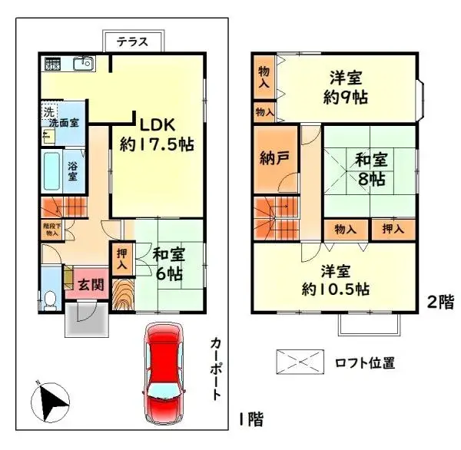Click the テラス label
[x=132, y=42]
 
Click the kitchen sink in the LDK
[x=83, y=65]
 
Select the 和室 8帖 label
[x=370, y=170]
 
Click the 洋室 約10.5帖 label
[x=336, y=280]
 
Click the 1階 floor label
[x=250, y=419]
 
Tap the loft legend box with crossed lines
[x=301, y=362]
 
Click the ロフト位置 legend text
[x=364, y=362]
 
